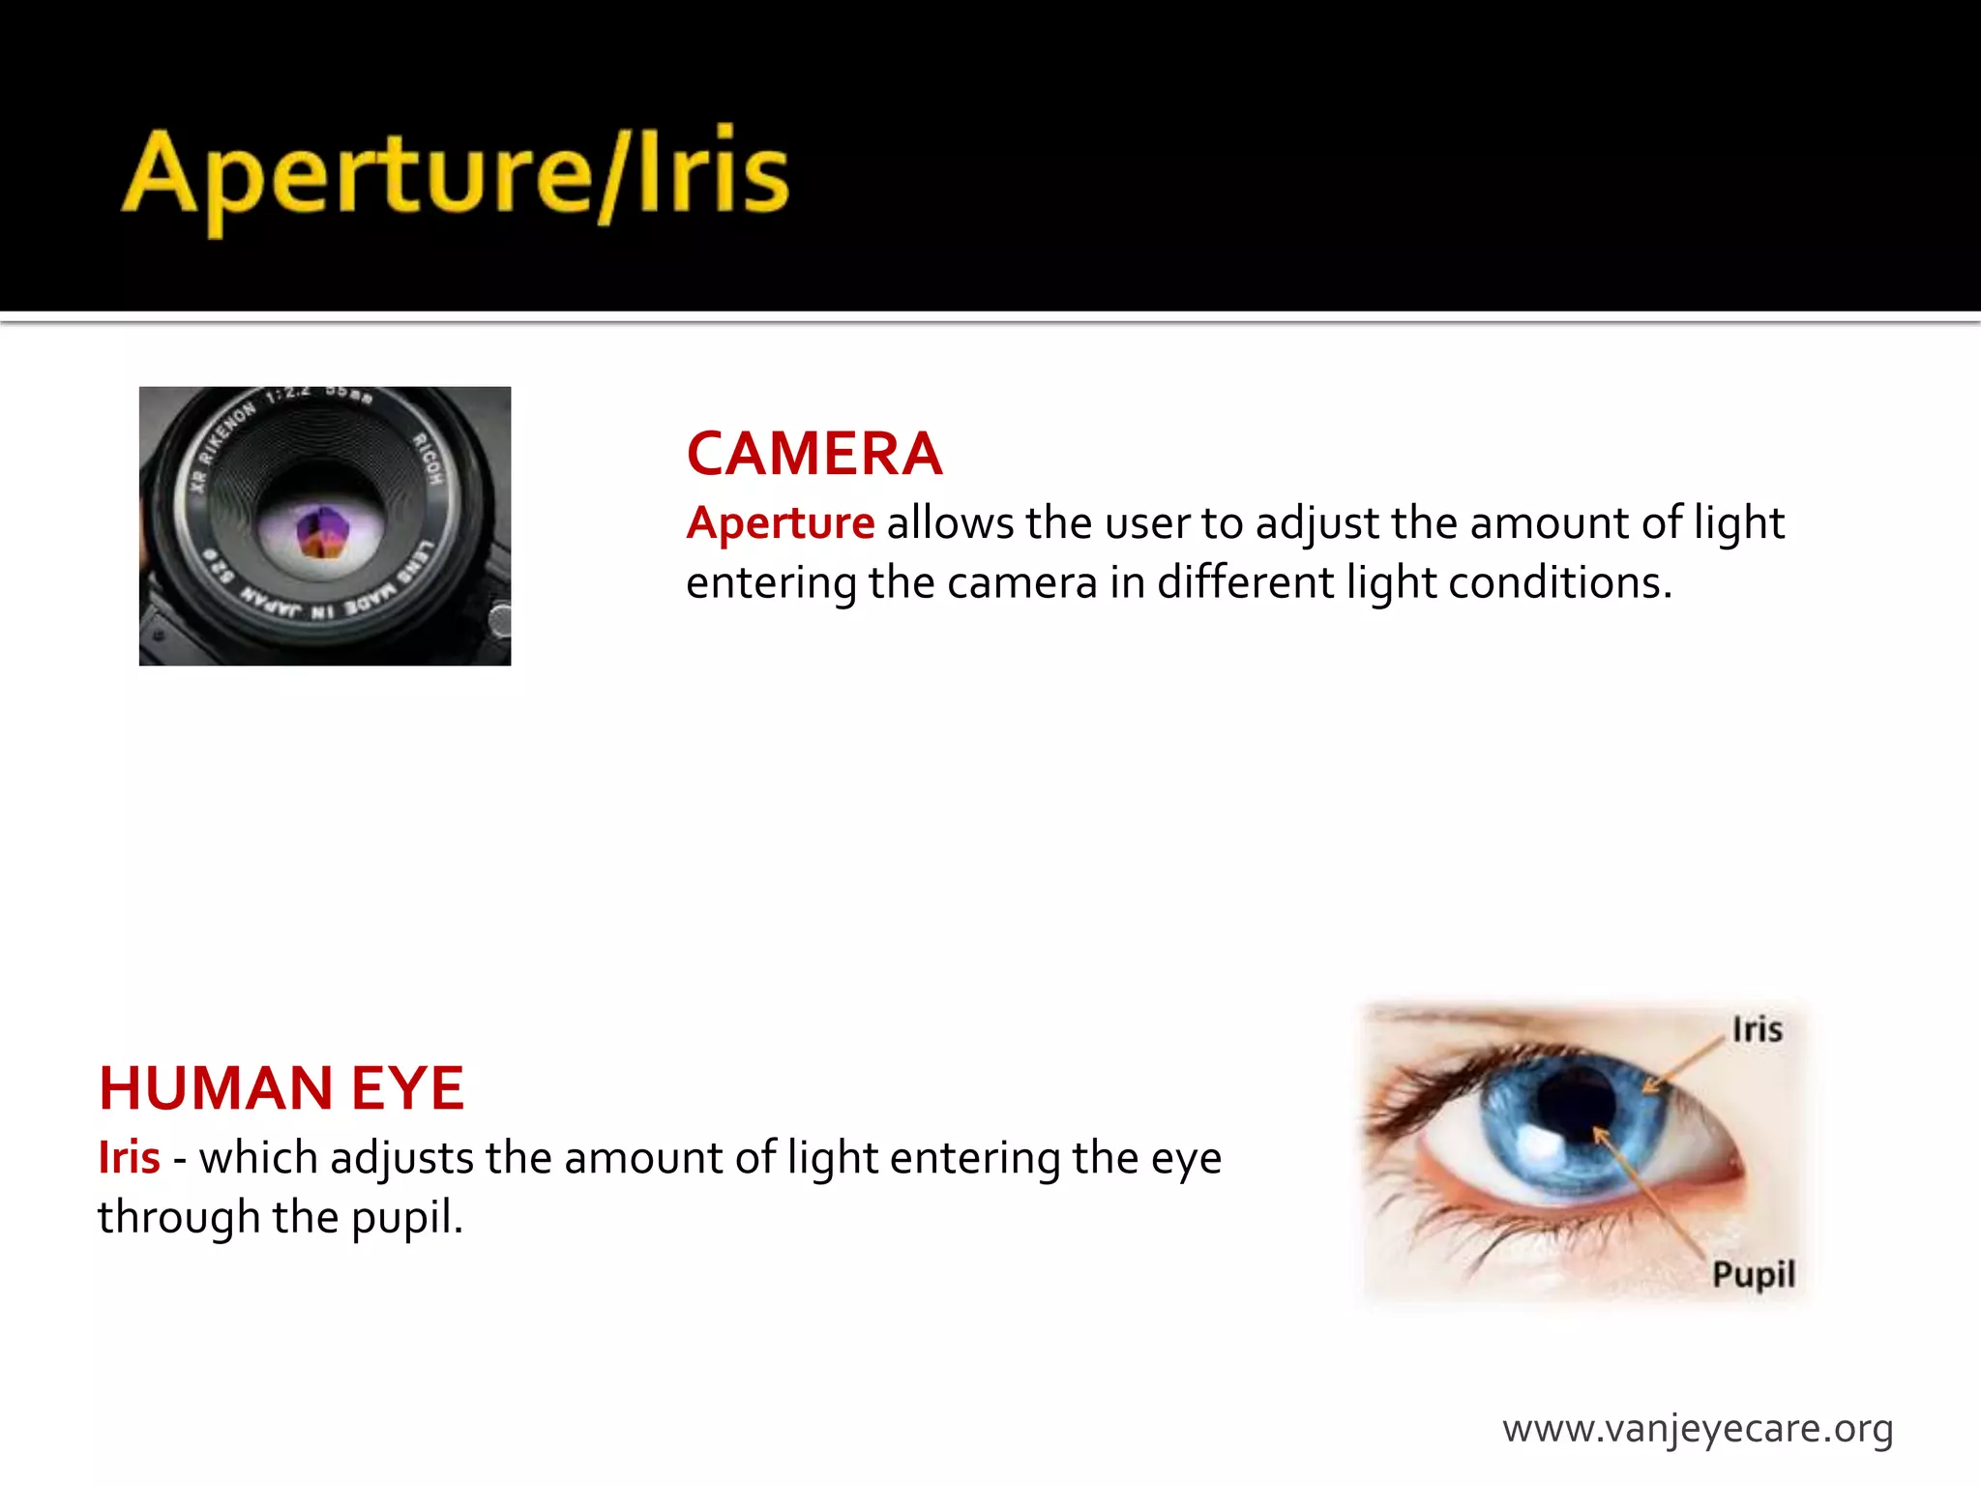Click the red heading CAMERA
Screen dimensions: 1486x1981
point(813,454)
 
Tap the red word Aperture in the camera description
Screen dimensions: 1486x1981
point(780,523)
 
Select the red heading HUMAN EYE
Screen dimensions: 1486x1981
point(281,1088)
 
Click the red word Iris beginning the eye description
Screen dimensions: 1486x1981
point(129,1158)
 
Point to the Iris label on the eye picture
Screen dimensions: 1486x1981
point(1757,1029)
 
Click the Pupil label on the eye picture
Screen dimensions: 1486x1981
point(1753,1274)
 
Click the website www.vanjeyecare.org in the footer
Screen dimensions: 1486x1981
point(1698,1429)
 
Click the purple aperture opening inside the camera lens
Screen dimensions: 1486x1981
point(322,532)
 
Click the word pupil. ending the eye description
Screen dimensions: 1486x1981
point(406,1218)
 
